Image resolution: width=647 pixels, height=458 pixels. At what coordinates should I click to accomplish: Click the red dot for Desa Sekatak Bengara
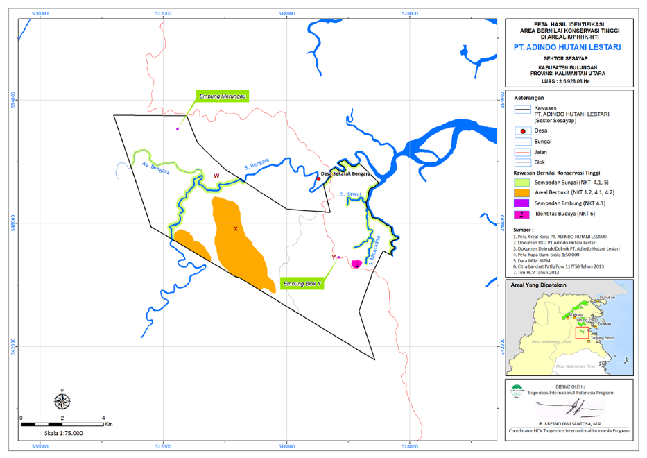pos(318,179)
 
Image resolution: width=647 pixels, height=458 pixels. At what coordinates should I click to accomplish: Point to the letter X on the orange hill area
pos(236,228)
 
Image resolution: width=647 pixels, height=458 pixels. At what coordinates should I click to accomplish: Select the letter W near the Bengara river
pos(216,176)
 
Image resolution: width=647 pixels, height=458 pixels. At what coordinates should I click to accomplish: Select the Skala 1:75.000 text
pos(64,433)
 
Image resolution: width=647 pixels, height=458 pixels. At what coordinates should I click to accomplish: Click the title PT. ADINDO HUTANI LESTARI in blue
pos(567,48)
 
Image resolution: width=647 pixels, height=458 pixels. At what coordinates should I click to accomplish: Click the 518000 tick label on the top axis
pos(287,13)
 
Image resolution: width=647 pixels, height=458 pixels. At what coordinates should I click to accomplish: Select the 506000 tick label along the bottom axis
pos(41,446)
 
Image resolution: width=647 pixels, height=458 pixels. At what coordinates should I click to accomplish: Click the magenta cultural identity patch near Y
pos(356,264)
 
